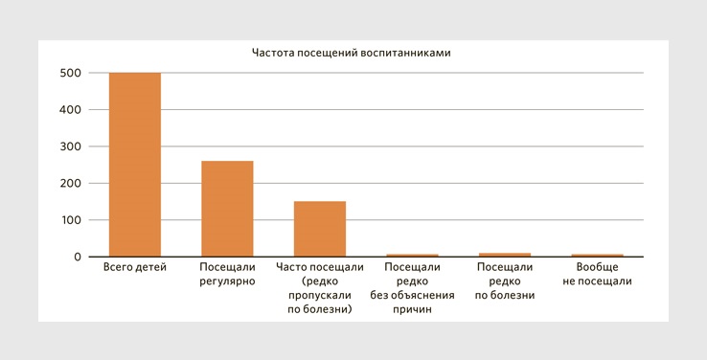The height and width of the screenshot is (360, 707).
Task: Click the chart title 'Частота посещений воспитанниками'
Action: click(x=351, y=54)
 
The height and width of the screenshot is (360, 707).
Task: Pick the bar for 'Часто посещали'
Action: click(x=320, y=229)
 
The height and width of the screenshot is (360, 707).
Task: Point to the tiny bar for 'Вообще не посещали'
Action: click(x=598, y=256)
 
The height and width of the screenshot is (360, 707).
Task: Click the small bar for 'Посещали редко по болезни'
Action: click(x=505, y=255)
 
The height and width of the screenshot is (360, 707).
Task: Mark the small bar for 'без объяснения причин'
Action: click(x=412, y=256)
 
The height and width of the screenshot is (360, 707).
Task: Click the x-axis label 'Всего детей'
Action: click(x=135, y=267)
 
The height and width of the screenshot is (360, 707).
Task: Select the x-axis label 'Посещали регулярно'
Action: click(x=227, y=274)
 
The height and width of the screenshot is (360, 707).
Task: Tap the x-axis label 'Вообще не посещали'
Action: click(x=598, y=274)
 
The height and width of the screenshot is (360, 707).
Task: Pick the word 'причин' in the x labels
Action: click(x=412, y=309)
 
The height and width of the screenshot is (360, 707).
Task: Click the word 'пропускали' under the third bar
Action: click(x=320, y=295)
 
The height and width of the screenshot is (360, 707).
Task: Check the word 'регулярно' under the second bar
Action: click(x=227, y=281)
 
